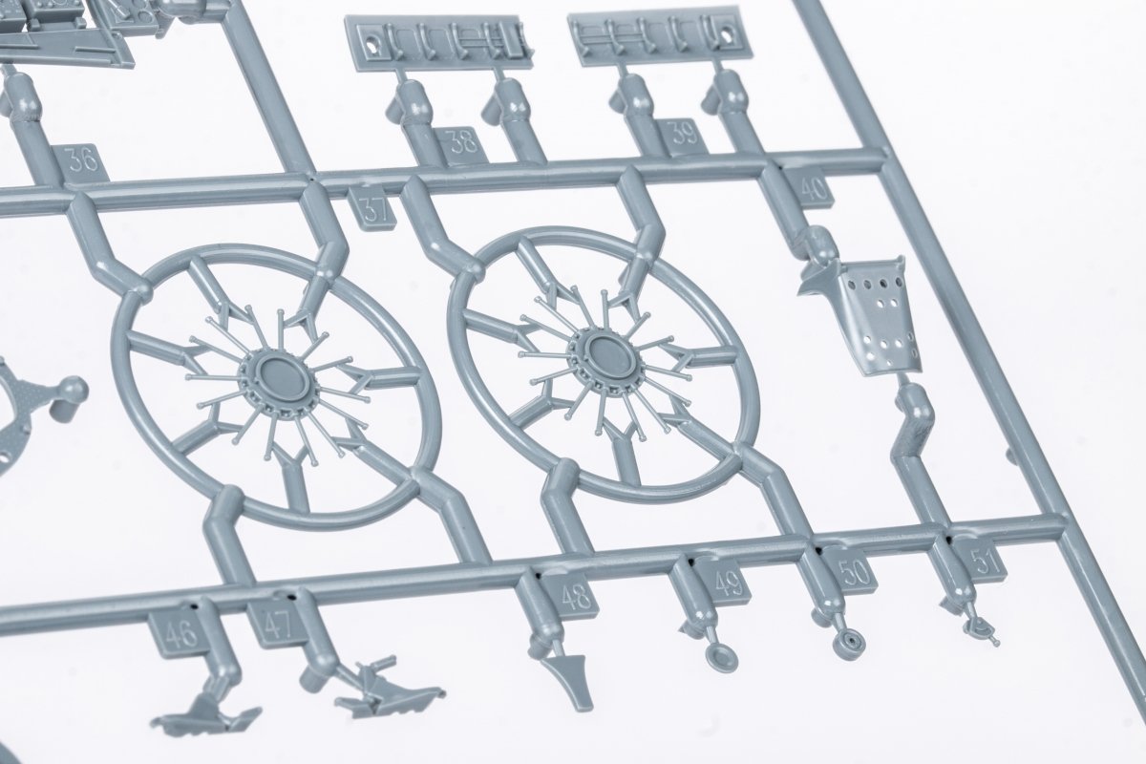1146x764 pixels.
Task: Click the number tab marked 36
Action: click(84, 162)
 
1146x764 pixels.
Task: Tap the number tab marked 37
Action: click(373, 210)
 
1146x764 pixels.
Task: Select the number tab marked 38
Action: click(461, 145)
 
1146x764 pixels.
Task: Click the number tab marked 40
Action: click(812, 188)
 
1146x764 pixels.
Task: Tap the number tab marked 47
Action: click(279, 625)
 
